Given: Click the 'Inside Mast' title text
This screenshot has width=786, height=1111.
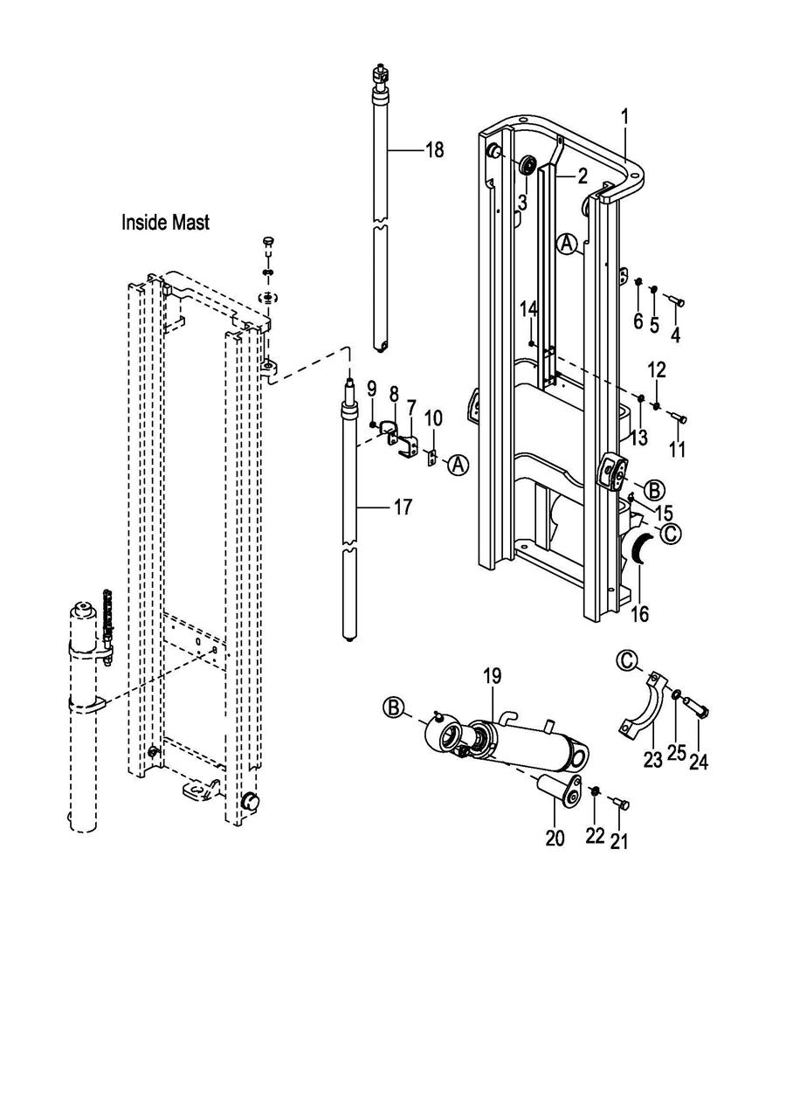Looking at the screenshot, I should (x=165, y=223).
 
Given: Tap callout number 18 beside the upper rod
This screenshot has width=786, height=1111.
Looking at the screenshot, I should (x=434, y=150).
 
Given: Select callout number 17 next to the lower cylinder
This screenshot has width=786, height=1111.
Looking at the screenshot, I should (x=402, y=507).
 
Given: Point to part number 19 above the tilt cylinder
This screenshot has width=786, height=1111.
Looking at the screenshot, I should (x=493, y=676).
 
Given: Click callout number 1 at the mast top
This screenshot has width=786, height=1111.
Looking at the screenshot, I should (x=625, y=115).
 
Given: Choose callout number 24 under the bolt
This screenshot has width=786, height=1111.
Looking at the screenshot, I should (x=698, y=762).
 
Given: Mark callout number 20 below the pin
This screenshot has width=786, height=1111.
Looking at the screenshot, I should (x=555, y=838).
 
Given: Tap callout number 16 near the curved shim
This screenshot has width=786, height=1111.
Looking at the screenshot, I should (x=639, y=613).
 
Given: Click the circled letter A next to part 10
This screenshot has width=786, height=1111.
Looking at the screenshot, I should (x=458, y=466).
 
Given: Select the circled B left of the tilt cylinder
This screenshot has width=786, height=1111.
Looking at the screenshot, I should (x=395, y=707).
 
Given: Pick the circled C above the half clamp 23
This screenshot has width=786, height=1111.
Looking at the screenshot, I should (x=627, y=661).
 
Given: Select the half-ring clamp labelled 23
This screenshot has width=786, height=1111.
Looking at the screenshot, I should (x=645, y=706).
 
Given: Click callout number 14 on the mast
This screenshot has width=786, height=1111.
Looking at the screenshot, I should (x=529, y=308).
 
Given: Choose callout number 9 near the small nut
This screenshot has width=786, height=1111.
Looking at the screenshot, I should (x=371, y=387).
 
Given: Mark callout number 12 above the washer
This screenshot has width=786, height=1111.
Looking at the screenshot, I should (x=657, y=369).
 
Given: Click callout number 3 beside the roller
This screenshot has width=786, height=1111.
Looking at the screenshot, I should (x=521, y=202).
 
